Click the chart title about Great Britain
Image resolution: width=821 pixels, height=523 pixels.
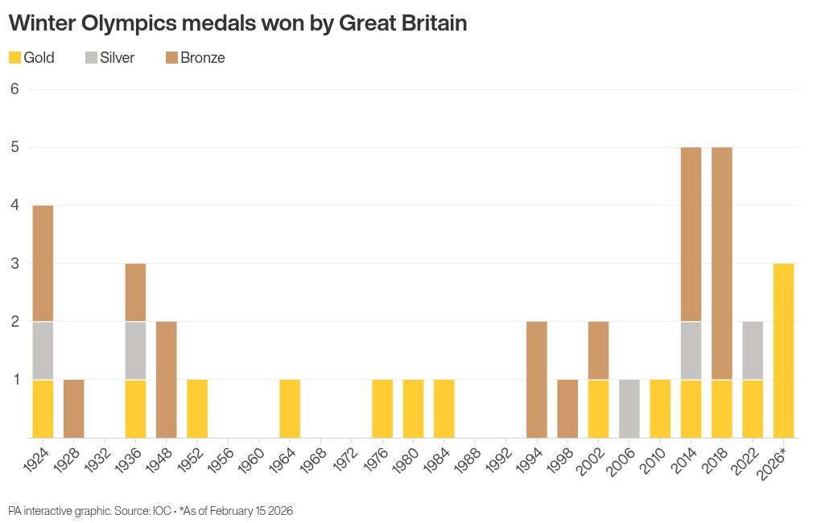pyautogui.click(x=237, y=23)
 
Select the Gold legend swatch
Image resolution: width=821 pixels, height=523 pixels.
pyautogui.click(x=14, y=58)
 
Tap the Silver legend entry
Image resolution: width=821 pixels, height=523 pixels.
pyautogui.click(x=109, y=58)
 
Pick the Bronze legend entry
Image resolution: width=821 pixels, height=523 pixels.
pyautogui.click(x=195, y=58)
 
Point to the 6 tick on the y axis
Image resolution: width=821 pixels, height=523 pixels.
pyautogui.click(x=14, y=89)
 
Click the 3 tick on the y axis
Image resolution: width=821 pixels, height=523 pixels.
pyautogui.click(x=14, y=263)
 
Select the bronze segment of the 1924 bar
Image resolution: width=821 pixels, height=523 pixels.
pyautogui.click(x=43, y=263)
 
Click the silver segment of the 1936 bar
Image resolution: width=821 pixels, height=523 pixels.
pyautogui.click(x=135, y=350)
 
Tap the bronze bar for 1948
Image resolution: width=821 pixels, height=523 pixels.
pyautogui.click(x=167, y=379)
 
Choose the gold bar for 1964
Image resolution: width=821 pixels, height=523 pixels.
pyautogui.click(x=290, y=408)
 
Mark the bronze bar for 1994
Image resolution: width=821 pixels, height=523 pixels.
pyautogui.click(x=537, y=379)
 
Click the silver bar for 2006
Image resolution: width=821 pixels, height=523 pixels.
pyautogui.click(x=629, y=408)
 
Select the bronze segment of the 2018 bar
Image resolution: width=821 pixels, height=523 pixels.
pyautogui.click(x=722, y=263)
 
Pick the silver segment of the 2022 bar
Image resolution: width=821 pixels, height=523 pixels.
pyautogui.click(x=753, y=350)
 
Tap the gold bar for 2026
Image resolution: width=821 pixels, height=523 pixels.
pyautogui.click(x=783, y=350)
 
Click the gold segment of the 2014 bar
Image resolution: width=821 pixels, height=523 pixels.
pyautogui.click(x=691, y=408)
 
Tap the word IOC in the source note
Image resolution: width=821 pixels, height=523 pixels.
pyautogui.click(x=162, y=511)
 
